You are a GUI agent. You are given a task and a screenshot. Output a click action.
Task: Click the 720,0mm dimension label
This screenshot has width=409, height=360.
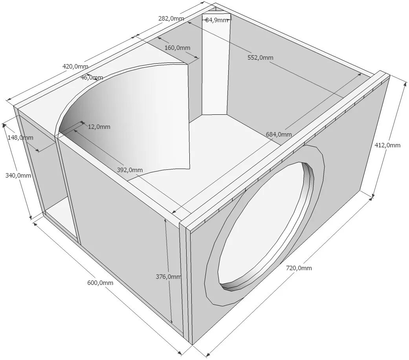coord(299,268)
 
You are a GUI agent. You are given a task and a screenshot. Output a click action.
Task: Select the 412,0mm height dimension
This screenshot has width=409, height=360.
coord(387,145)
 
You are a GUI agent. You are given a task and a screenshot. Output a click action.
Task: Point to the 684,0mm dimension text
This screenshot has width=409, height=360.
coord(279,134)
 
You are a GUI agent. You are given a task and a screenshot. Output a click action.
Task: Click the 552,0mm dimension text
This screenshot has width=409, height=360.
coord(260,58)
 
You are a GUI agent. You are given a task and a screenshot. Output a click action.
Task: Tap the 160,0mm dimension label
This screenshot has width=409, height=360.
coord(177,48)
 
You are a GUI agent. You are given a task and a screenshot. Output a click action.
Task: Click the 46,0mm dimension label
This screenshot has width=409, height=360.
coord(92,77)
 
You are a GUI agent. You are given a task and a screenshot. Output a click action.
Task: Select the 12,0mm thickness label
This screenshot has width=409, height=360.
coord(99,127)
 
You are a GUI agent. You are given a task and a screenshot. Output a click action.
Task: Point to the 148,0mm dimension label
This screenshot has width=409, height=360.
coord(20,138)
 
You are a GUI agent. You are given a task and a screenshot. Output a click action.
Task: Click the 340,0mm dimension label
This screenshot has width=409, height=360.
coord(18,175)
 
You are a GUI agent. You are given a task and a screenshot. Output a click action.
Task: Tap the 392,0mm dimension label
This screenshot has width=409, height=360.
coord(130,170)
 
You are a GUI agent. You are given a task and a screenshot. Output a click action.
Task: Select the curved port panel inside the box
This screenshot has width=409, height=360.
coord(130,118)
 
